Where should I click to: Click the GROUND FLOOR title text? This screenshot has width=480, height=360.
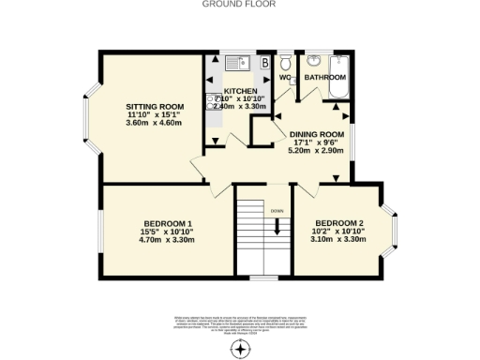tap(240, 4)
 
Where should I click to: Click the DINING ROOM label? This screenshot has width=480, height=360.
tap(316, 134)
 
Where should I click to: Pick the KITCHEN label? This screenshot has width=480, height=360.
tap(240, 90)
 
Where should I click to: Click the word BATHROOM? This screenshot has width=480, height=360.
tap(328, 77)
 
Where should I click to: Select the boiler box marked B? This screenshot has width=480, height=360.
tap(265, 63)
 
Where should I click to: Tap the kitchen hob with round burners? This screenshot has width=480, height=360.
tap(215, 101)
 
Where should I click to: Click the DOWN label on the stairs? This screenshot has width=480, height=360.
tap(277, 211)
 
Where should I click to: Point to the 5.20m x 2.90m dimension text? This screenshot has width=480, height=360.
tap(316, 150)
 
